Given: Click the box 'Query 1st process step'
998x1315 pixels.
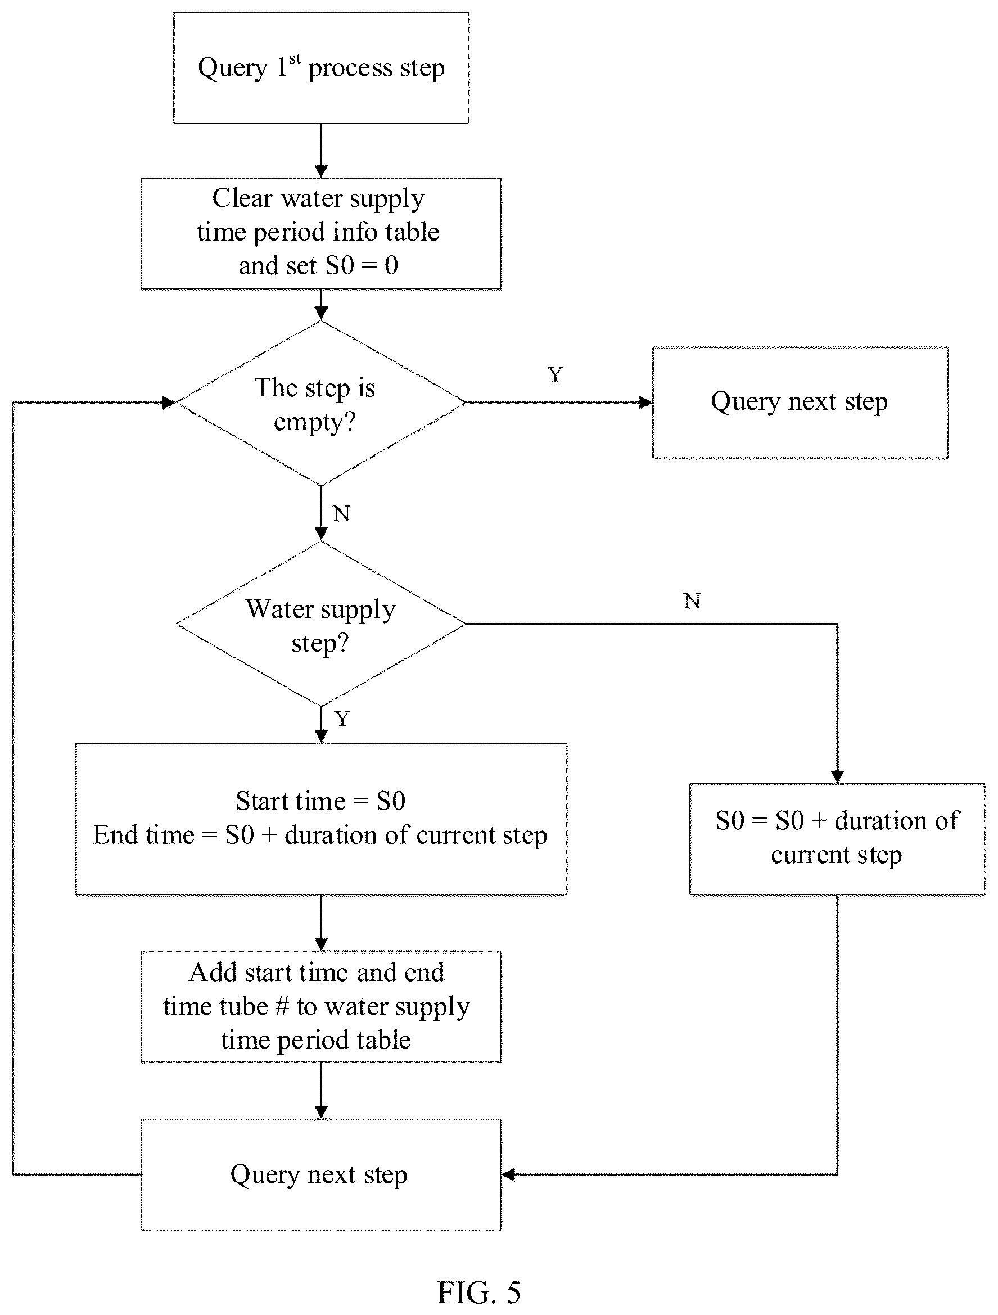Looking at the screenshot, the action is click(321, 69).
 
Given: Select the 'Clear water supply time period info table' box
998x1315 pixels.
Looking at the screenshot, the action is click(321, 234).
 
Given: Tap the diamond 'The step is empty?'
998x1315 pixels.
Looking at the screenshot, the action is click(321, 403).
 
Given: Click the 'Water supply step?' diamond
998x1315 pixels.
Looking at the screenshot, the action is click(321, 624).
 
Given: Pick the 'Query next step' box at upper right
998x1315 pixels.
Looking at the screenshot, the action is click(800, 403).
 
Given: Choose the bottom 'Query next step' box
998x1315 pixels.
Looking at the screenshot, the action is click(321, 1174).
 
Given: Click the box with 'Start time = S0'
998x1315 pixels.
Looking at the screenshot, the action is click(321, 819).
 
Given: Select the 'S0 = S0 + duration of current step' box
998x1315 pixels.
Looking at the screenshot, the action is click(837, 839).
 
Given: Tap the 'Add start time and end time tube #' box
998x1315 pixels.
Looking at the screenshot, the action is click(321, 1006).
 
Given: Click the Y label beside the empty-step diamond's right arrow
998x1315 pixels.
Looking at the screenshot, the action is click(554, 374).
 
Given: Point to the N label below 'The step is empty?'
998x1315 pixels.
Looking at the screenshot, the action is click(341, 514).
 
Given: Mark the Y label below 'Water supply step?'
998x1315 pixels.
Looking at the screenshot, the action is click(342, 718).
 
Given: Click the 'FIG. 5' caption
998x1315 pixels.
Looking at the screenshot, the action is click(479, 1292).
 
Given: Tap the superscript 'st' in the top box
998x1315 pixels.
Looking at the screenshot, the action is click(295, 60).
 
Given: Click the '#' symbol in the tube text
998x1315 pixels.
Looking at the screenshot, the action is click(282, 1006).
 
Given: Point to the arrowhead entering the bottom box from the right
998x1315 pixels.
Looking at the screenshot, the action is click(508, 1174).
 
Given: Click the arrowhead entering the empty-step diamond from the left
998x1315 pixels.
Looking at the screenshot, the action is click(169, 403).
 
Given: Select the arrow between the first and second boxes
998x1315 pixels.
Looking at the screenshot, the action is click(321, 151).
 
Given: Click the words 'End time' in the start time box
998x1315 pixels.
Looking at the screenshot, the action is click(144, 835).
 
